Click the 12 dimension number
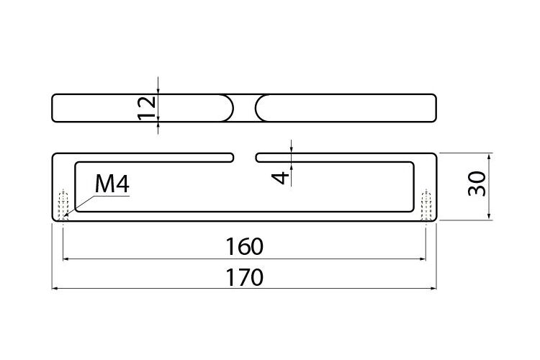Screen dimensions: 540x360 pyautogui.click(x=147, y=108)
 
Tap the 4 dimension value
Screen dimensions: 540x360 pyautogui.click(x=281, y=178)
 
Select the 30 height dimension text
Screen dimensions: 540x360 pyautogui.click(x=477, y=184)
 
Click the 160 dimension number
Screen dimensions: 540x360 pyautogui.click(x=245, y=247)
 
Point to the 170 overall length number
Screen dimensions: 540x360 pyautogui.click(x=245, y=277)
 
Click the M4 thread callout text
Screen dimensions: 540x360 pyautogui.click(x=112, y=184)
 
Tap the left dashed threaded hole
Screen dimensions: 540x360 pyautogui.click(x=63, y=205)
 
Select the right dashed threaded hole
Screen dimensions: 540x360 pyautogui.click(x=426, y=205)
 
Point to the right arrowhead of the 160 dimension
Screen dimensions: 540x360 pyautogui.click(x=423, y=258)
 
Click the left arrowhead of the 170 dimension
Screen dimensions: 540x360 pyautogui.click(x=55, y=288)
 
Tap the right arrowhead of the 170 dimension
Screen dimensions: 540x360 pyautogui.click(x=433, y=288)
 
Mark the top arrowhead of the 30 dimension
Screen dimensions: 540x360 pyautogui.click(x=490, y=156)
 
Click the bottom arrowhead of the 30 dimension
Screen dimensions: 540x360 pyautogui.click(x=490, y=217)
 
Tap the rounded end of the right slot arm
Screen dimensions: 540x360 pyautogui.click(x=257, y=158)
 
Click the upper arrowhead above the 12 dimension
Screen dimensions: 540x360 pyautogui.click(x=158, y=90)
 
